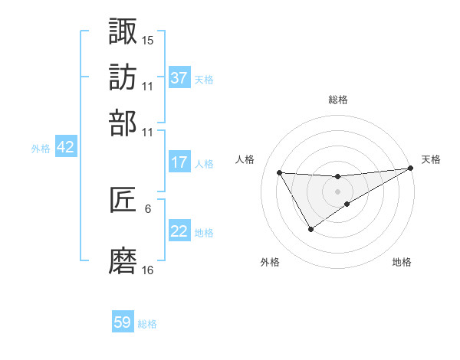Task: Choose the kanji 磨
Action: tap(123, 261)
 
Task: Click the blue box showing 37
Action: tap(179, 77)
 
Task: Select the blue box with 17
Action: tap(179, 162)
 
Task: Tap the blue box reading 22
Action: tap(179, 232)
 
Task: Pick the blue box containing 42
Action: tap(65, 148)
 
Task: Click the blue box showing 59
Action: tap(123, 322)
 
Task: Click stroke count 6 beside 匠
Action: tap(148, 208)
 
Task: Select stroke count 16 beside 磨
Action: tap(148, 270)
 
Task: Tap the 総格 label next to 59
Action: tap(147, 324)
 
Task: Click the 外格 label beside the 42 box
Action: tap(41, 149)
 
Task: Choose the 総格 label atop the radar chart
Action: tap(338, 100)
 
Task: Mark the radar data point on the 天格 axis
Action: tap(410, 169)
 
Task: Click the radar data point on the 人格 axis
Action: tap(279, 172)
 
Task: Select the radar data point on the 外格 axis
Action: tap(310, 229)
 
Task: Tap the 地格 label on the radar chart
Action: tap(402, 263)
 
